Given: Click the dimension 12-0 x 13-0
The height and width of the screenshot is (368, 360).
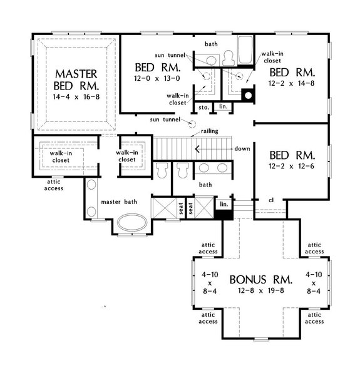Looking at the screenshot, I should point(157,78).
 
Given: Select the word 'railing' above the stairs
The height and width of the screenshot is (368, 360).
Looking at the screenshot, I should point(209,133).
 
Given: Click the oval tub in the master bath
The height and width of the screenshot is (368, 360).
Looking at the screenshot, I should point(132,223).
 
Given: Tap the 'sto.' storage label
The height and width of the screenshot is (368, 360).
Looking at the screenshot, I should point(204,108).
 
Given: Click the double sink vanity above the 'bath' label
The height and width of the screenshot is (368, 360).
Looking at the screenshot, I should point(213,168).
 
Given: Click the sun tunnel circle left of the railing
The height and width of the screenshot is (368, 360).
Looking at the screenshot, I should point(193,123).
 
